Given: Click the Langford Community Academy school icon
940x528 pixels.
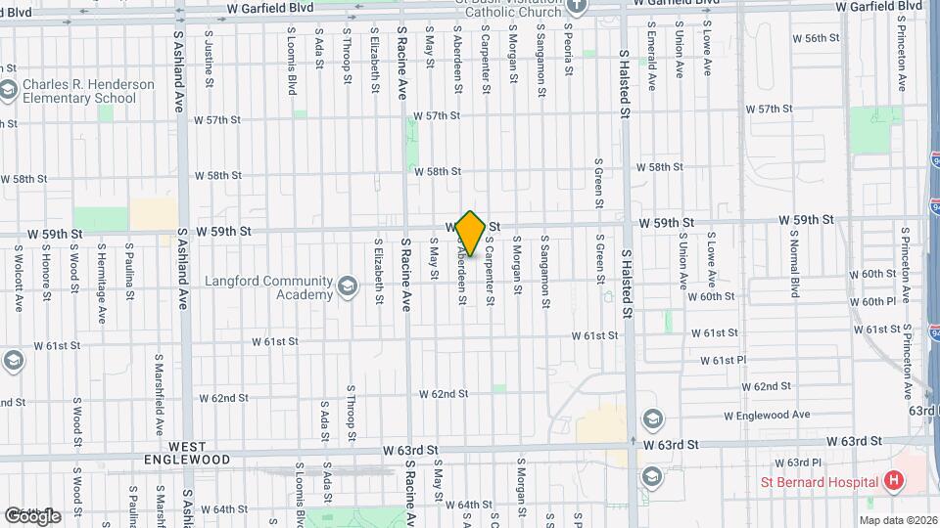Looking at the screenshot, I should (346, 286).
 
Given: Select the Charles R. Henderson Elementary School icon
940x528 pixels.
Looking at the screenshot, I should (9, 91).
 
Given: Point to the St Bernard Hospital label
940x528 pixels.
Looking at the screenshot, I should (820, 480).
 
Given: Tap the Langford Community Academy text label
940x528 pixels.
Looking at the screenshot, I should (268, 287).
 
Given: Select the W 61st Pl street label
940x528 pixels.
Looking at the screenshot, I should (724, 361).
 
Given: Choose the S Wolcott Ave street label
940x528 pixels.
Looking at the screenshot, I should (18, 279).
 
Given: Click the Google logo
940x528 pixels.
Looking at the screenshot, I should (32, 515).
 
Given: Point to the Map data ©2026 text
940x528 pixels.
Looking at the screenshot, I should (898, 519).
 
